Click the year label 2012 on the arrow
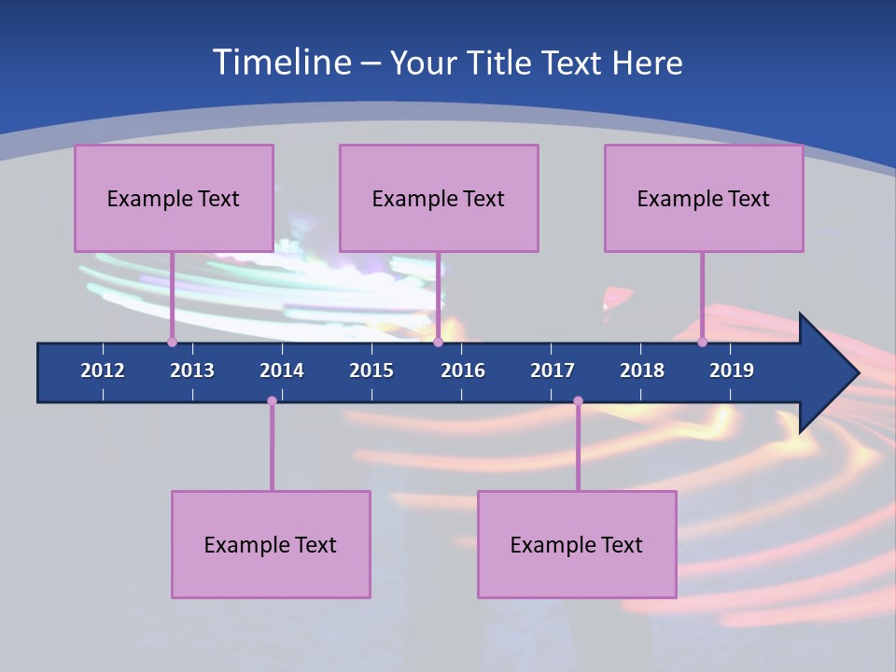(x=103, y=371)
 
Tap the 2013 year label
(x=192, y=371)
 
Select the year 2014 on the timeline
(x=282, y=371)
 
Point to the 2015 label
(x=371, y=371)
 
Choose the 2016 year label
(x=463, y=371)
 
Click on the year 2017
(x=553, y=371)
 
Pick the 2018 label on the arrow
(x=642, y=371)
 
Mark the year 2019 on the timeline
(x=732, y=371)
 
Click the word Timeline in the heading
(x=281, y=63)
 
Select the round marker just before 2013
(x=172, y=342)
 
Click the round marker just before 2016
(x=438, y=342)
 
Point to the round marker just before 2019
(x=703, y=342)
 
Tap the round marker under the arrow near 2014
(x=272, y=401)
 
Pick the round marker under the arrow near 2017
(x=578, y=401)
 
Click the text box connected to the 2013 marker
(x=174, y=198)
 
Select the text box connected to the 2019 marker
(x=704, y=198)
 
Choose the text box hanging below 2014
(x=271, y=544)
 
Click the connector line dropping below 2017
(x=578, y=448)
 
